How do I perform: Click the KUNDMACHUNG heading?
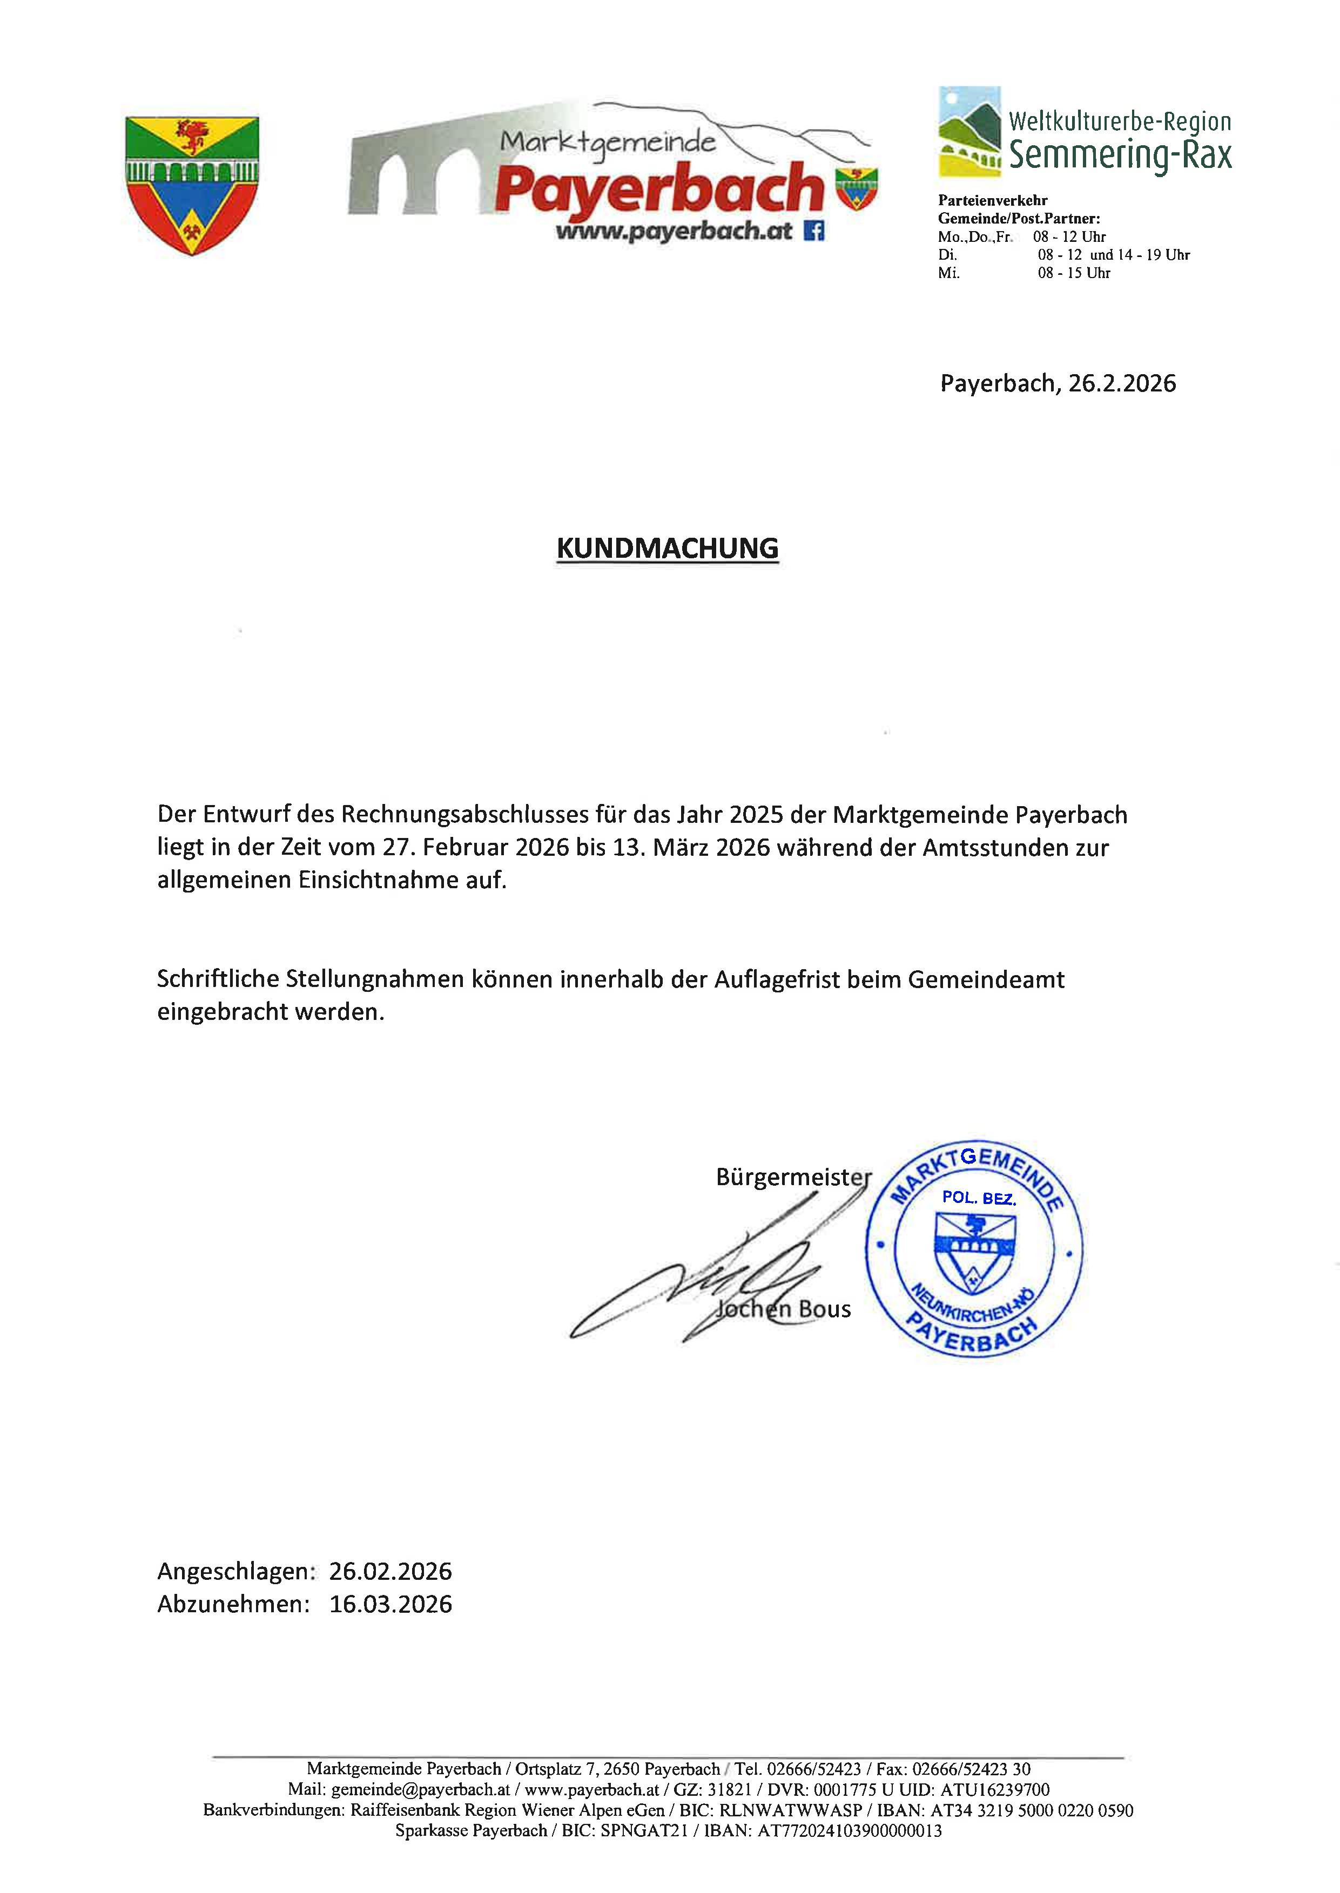pyautogui.click(x=668, y=549)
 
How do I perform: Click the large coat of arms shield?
pyautogui.click(x=192, y=185)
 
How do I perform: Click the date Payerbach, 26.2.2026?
pyautogui.click(x=1058, y=383)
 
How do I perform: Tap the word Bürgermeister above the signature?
pyautogui.click(x=793, y=1177)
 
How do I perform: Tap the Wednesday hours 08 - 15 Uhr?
pyautogui.click(x=1074, y=273)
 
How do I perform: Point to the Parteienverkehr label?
pyautogui.click(x=993, y=200)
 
